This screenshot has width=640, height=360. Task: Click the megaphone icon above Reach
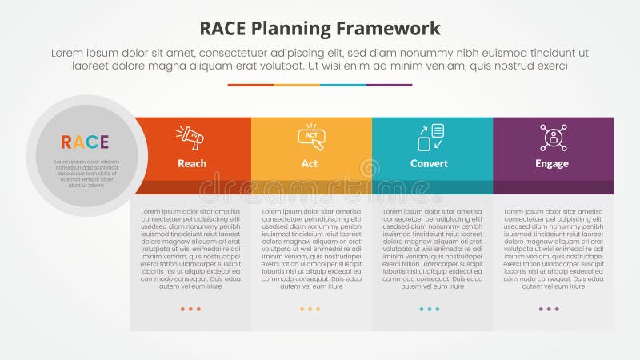pyautogui.click(x=192, y=138)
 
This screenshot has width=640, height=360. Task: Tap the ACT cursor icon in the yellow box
pyautogui.click(x=311, y=137)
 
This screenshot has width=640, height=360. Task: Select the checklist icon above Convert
pyautogui.click(x=430, y=137)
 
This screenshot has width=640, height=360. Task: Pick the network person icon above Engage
pyautogui.click(x=553, y=137)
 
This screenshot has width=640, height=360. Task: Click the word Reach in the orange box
pyautogui.click(x=192, y=163)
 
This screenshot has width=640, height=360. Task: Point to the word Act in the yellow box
pyautogui.click(x=310, y=163)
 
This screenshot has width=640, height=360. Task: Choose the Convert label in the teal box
pyautogui.click(x=430, y=163)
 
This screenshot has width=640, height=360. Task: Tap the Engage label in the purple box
pyautogui.click(x=552, y=163)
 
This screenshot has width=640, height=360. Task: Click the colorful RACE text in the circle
pyautogui.click(x=85, y=142)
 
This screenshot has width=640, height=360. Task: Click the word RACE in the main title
pyautogui.click(x=225, y=29)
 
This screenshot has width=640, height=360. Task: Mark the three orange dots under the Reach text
pyautogui.click(x=190, y=309)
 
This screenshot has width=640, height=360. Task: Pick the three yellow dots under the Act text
pyautogui.click(x=310, y=309)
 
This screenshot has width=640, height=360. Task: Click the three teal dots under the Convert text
pyautogui.click(x=430, y=309)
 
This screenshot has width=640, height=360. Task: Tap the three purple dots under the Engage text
pyautogui.click(x=549, y=309)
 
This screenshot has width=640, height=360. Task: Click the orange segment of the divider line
pyautogui.click(x=250, y=85)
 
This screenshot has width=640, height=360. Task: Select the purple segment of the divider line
pyautogui.click(x=389, y=85)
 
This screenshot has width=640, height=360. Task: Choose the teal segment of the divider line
pyautogui.click(x=342, y=85)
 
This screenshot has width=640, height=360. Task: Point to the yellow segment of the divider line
pyautogui.click(x=297, y=85)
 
